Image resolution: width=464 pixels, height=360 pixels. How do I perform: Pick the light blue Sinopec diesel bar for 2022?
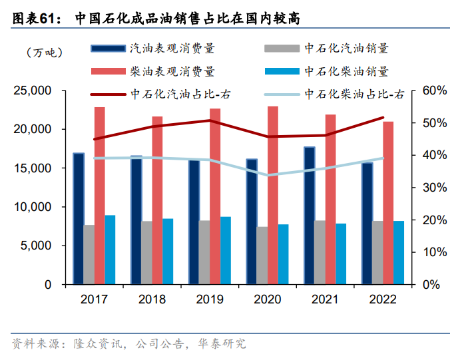[399, 252]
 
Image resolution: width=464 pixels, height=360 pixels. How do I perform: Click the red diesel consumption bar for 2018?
[157, 200]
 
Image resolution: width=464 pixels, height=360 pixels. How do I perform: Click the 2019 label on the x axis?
[210, 299]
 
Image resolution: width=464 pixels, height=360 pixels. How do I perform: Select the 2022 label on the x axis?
[383, 299]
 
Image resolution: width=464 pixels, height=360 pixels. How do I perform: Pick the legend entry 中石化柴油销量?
[346, 71]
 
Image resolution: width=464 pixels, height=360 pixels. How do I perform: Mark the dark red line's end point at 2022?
[383, 118]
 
